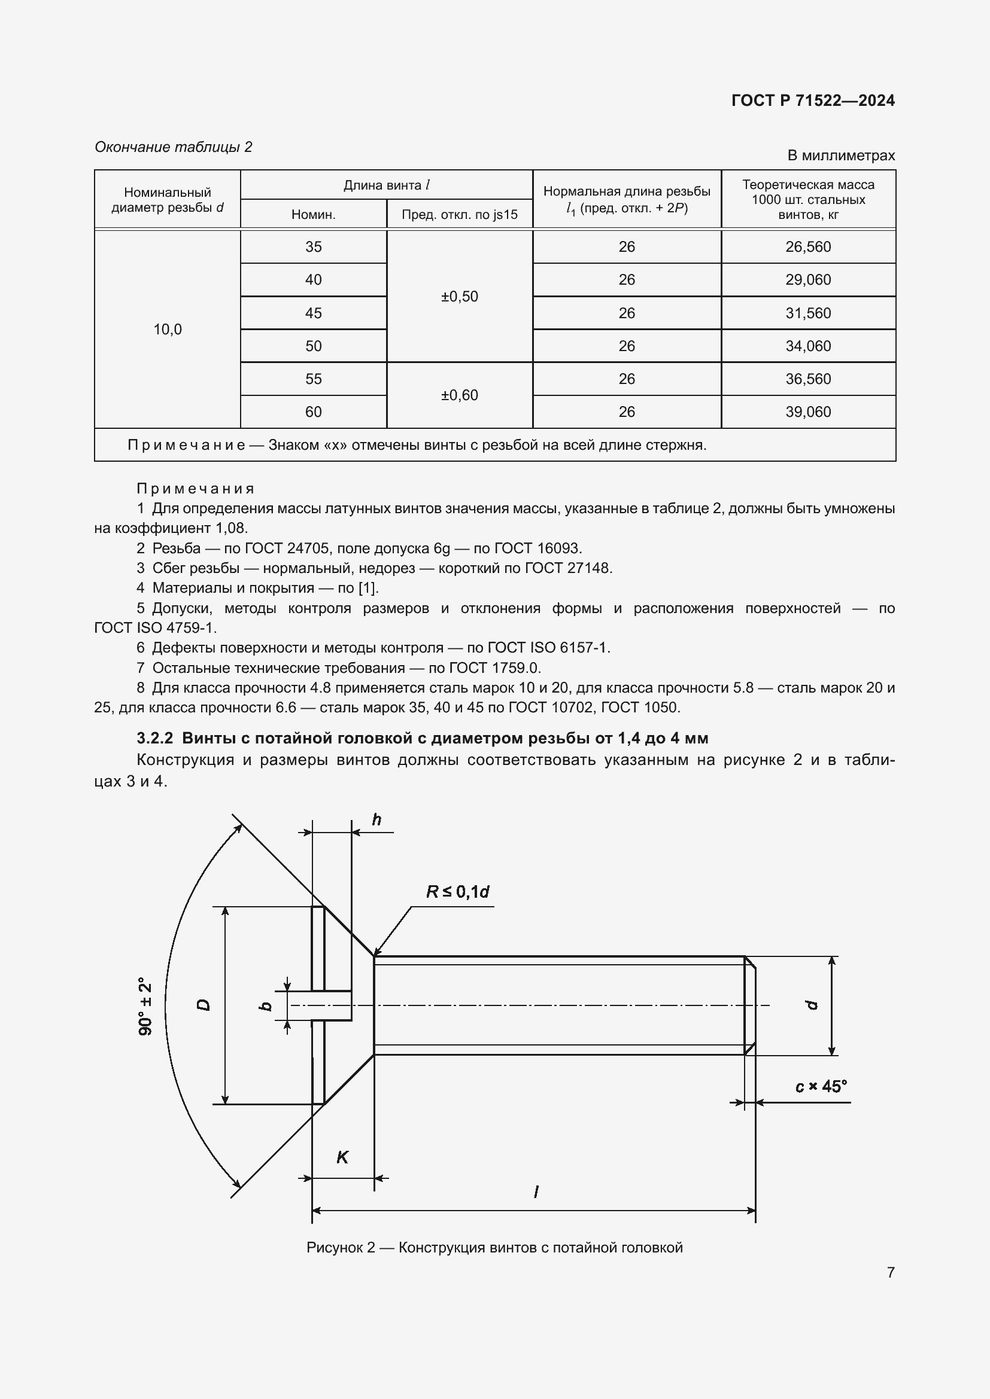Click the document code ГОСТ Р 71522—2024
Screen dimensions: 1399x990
point(813,100)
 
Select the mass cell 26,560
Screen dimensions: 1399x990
point(807,247)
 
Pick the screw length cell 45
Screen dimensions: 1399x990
point(313,313)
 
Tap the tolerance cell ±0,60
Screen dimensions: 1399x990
point(460,395)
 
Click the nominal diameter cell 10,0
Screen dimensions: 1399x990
point(168,330)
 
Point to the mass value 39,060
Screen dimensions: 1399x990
point(807,412)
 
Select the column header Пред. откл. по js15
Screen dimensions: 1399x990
point(460,215)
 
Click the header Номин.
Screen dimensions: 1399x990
point(313,215)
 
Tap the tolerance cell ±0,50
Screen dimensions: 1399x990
point(460,297)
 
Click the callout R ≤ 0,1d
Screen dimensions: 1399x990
point(457,892)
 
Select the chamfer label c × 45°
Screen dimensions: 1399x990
point(821,1086)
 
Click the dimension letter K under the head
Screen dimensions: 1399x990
point(342,1157)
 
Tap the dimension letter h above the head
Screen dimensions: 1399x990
point(376,820)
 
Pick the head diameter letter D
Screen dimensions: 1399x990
point(204,1005)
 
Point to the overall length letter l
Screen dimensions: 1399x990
point(536,1192)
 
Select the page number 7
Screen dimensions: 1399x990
point(890,1272)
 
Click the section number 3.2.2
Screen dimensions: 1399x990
point(155,739)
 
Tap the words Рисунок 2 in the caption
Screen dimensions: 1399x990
point(340,1247)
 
